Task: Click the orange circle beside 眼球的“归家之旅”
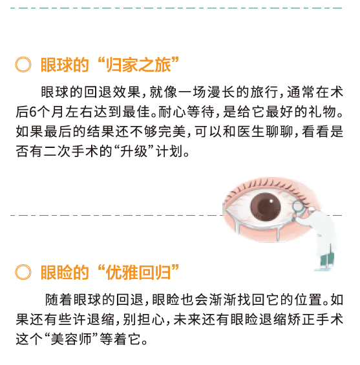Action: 23,64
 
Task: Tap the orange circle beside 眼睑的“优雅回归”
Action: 23,272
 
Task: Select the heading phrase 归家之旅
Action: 138,65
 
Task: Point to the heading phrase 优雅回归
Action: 138,272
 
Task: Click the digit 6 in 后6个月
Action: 33,112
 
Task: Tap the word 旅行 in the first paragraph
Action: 264,92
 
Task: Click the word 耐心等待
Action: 187,112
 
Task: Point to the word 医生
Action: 251,132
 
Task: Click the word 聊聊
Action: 279,132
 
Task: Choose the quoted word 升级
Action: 134,151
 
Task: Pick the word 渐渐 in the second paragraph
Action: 223,300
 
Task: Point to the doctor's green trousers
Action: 327,259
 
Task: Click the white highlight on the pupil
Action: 271,201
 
